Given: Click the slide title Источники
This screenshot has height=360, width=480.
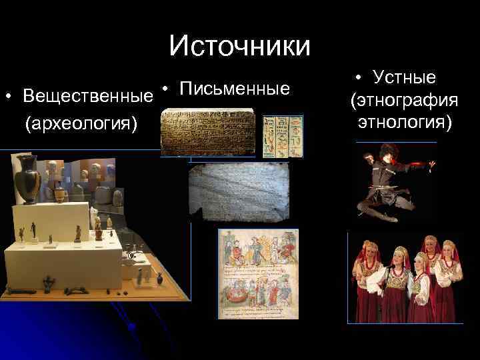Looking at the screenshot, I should (x=239, y=46).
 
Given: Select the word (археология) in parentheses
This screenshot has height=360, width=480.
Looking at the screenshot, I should (x=80, y=124).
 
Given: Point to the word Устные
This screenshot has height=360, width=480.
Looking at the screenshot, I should (x=404, y=78).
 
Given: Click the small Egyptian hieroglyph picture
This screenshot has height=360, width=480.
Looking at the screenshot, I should (x=282, y=136).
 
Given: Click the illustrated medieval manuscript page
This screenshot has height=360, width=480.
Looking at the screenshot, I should (x=258, y=273).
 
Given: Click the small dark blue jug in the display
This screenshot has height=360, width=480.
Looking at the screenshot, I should (x=59, y=194).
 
